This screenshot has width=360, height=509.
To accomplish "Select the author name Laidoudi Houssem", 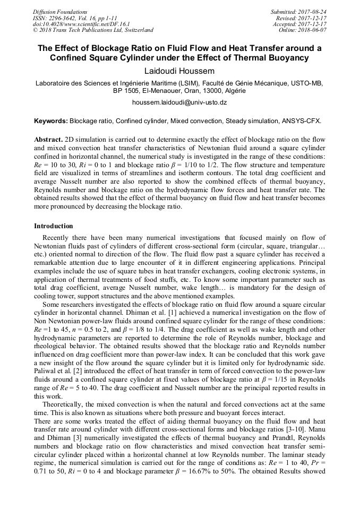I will tap(179, 71).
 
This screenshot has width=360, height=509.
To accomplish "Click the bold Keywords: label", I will tap(51, 121).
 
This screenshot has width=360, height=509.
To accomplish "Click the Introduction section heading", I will tap(54, 226).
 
